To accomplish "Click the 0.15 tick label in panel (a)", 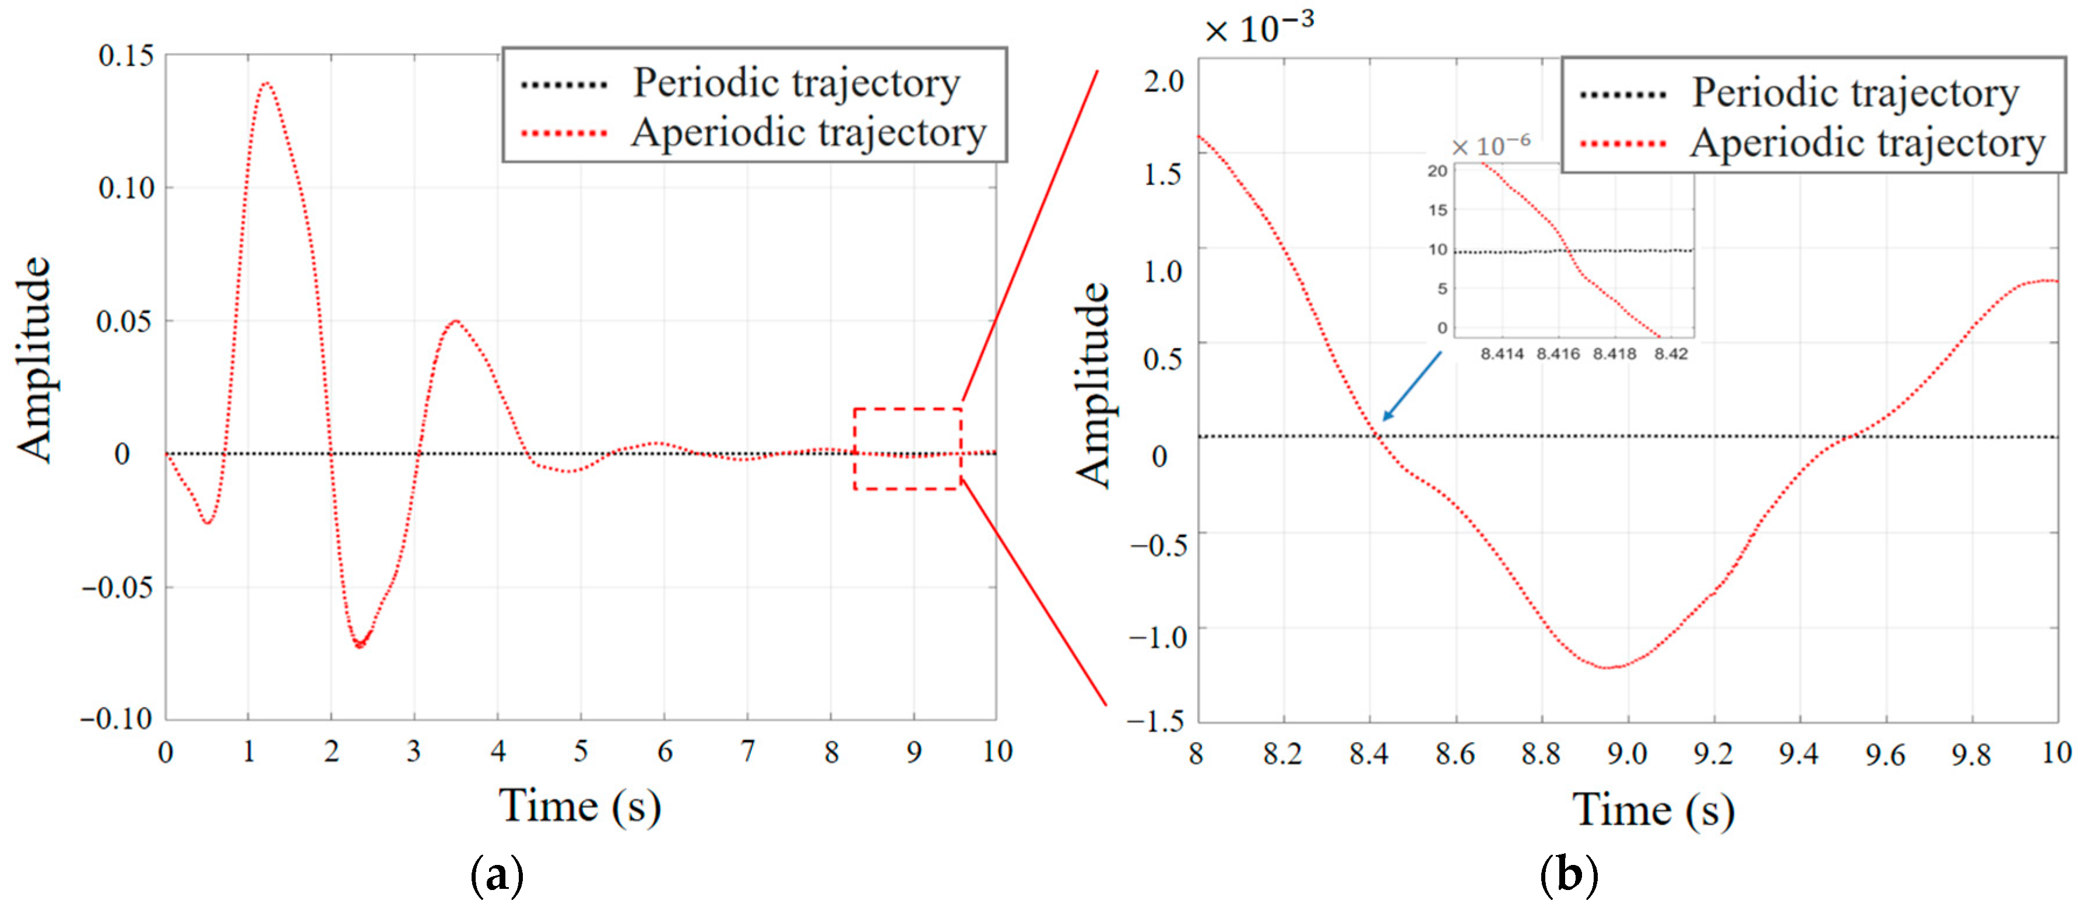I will (x=125, y=56).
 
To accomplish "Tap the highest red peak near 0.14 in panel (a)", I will (x=266, y=83).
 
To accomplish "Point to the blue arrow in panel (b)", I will (x=1411, y=386).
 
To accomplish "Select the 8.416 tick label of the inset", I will (x=1558, y=354).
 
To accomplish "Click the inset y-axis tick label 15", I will (x=1437, y=210).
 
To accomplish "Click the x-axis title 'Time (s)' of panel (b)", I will (x=1653, y=810).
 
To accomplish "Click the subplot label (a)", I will (x=497, y=875).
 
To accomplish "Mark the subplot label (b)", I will (x=1568, y=875).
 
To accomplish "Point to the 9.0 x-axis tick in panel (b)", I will (x=1626, y=754).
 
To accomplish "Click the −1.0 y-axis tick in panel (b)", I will (x=1157, y=636).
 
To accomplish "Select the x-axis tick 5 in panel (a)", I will (x=580, y=752).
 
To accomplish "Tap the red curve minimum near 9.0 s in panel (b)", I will (x=1608, y=668).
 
